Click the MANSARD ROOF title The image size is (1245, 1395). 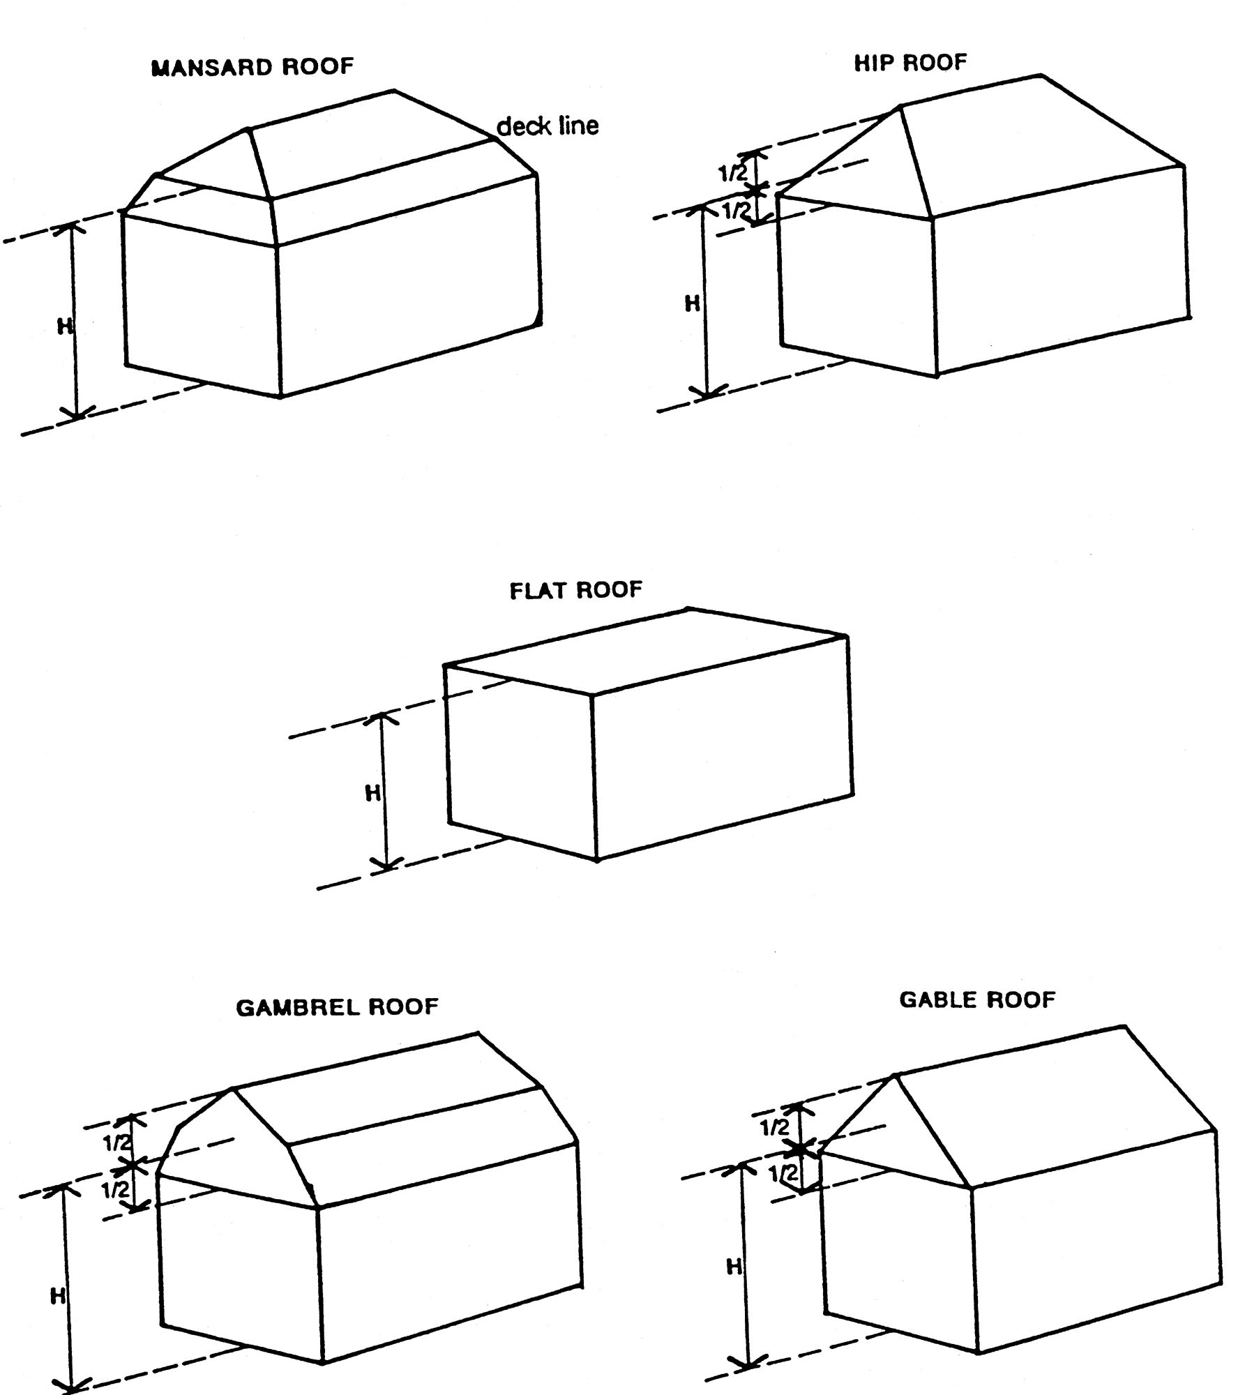252,67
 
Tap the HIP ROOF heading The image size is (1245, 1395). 910,63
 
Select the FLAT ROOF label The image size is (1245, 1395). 575,590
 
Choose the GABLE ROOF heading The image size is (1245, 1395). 977,1000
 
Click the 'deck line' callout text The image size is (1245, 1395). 548,126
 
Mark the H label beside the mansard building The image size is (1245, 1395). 65,326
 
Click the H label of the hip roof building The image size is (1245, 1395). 692,303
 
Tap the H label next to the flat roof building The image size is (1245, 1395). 373,793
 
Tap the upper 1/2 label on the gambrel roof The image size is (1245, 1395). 117,1143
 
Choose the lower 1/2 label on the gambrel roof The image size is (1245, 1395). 116,1189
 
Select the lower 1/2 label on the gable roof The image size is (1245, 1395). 783,1174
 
